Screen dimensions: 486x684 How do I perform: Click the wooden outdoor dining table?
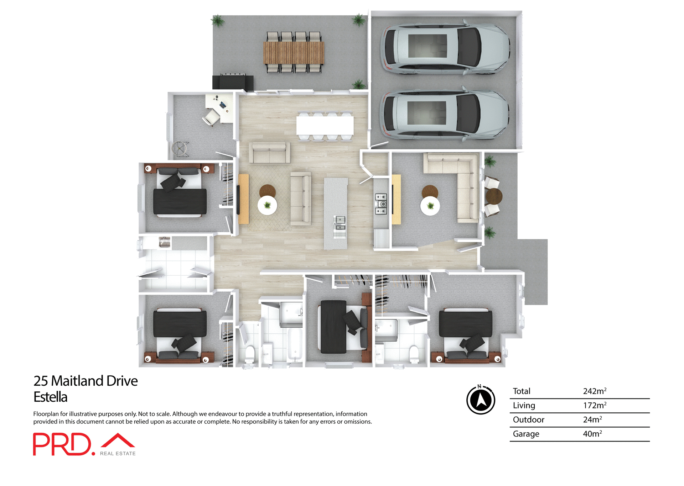(294, 52)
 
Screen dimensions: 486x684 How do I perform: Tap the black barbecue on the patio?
(233, 82)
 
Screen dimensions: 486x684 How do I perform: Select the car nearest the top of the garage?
(445, 48)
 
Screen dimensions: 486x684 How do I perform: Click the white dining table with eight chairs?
(325, 125)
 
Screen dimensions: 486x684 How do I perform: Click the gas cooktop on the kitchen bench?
(381, 204)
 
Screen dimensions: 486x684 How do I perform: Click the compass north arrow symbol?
(481, 400)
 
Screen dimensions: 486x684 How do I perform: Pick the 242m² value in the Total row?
(594, 391)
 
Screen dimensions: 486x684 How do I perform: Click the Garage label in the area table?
(526, 434)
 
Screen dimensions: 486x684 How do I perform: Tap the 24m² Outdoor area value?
(592, 419)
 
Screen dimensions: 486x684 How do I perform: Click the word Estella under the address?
(50, 397)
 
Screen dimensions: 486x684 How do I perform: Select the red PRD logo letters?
(62, 444)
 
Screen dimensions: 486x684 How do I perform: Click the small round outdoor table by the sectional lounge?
(494, 196)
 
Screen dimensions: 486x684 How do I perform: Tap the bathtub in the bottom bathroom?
(295, 344)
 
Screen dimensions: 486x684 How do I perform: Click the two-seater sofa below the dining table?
(269, 153)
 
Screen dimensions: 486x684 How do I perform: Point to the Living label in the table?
(524, 405)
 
